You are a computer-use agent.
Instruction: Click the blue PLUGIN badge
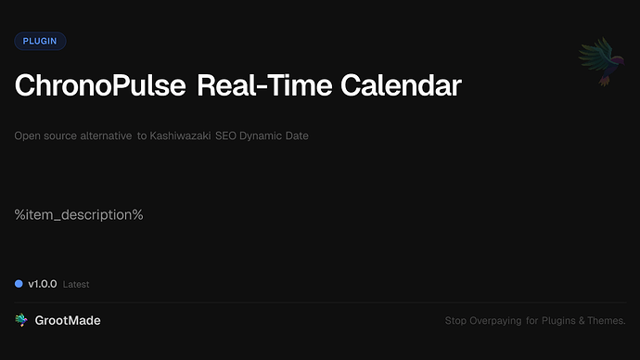[40, 41]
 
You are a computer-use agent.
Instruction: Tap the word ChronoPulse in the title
[100, 86]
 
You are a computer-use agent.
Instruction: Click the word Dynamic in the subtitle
[265, 136]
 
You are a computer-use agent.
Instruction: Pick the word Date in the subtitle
[298, 136]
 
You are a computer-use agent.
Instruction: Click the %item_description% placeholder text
[79, 215]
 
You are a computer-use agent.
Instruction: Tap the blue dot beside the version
[19, 284]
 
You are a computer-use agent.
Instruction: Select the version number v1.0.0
[43, 284]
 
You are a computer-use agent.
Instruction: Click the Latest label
[76, 285]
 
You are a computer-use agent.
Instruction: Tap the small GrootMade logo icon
[20, 320]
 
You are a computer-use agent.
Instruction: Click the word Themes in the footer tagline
[608, 321]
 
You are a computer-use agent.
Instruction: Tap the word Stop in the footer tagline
[454, 321]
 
